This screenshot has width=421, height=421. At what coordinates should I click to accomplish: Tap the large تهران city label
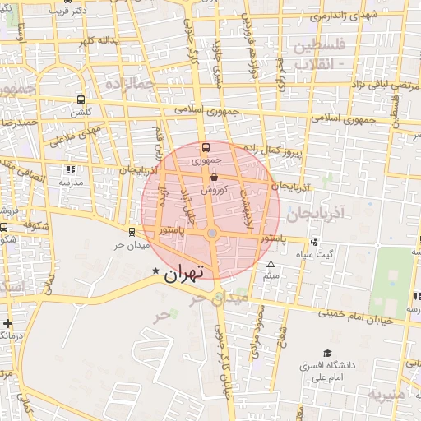[x=183, y=274]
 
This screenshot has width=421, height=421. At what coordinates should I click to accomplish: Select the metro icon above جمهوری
[x=205, y=149]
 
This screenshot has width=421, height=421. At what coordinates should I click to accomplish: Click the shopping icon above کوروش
[x=214, y=176]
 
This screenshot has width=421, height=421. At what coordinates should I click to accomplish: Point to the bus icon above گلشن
[x=81, y=99]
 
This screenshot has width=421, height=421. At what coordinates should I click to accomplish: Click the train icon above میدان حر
[x=132, y=232]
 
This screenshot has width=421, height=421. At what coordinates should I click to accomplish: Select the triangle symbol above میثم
[x=271, y=264]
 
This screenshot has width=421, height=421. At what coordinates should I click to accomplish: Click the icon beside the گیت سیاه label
[x=313, y=242]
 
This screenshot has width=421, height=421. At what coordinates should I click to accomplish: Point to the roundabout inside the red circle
[x=212, y=235]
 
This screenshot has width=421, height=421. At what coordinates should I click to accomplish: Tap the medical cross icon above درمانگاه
[x=7, y=323]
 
